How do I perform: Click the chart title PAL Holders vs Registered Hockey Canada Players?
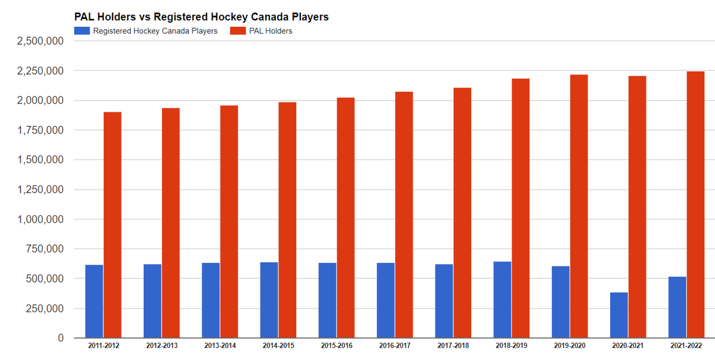(x=201, y=17)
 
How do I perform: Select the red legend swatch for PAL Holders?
(x=237, y=30)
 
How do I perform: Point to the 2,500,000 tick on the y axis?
(x=41, y=41)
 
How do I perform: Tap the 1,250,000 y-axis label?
(x=41, y=190)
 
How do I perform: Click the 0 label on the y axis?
(x=60, y=338)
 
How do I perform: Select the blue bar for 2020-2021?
(x=619, y=315)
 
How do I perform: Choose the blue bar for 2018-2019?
(x=502, y=299)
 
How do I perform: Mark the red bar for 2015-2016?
(x=346, y=218)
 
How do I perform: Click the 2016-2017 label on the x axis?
(x=394, y=346)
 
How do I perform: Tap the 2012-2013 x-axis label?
(x=161, y=346)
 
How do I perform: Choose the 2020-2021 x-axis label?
(x=627, y=346)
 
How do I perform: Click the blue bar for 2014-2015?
(x=269, y=300)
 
